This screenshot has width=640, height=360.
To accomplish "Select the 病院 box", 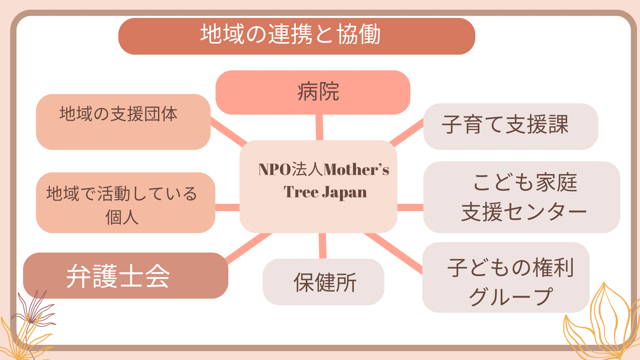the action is [313, 92].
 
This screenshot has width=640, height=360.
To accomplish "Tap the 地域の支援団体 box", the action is [123, 122].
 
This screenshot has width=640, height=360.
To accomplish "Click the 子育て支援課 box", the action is [511, 126].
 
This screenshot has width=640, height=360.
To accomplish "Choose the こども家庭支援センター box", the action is [522, 197].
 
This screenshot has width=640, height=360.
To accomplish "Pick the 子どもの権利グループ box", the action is [506, 277].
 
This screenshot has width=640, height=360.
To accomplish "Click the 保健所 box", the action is [323, 282].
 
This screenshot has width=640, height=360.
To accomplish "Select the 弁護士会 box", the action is [126, 275].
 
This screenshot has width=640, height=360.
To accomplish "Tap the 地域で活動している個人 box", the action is [126, 203].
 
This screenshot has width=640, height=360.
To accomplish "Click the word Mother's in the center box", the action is [356, 169].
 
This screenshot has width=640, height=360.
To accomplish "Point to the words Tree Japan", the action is [325, 192].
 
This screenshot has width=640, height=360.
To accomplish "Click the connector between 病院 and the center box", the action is [319, 127].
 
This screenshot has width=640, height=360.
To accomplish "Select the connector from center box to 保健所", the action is [322, 246].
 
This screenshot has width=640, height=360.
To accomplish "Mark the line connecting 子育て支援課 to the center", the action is [406, 133].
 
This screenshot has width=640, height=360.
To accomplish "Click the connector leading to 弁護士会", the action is [249, 249].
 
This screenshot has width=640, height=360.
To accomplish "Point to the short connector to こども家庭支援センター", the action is [410, 207].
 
